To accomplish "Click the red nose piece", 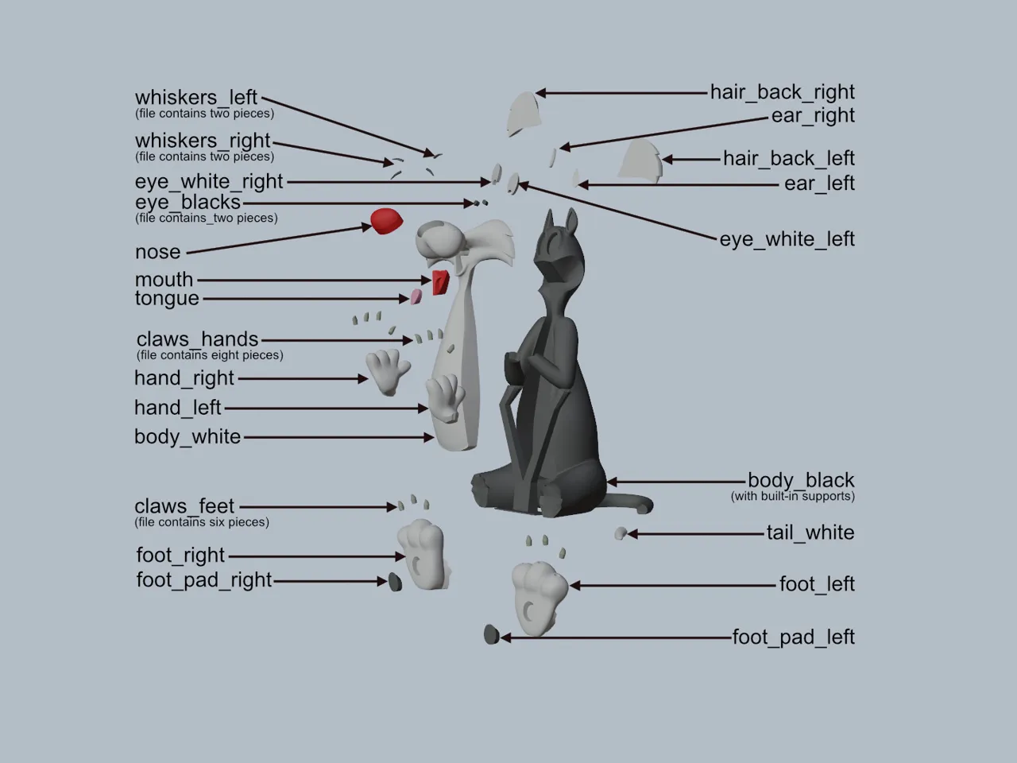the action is pyautogui.click(x=386, y=221).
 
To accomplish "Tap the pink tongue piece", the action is pyautogui.click(x=416, y=296).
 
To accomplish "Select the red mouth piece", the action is pyautogui.click(x=440, y=283).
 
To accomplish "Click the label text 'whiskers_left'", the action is pyautogui.click(x=196, y=98).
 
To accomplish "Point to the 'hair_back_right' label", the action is pyautogui.click(x=782, y=92).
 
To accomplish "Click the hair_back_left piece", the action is pyautogui.click(x=640, y=160).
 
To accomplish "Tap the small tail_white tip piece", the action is pyautogui.click(x=621, y=533).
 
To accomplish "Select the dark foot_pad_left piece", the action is pyautogui.click(x=491, y=634).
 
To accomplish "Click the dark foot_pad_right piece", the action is pyautogui.click(x=395, y=582).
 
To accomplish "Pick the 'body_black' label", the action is pyautogui.click(x=801, y=480).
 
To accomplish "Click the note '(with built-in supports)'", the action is pyautogui.click(x=793, y=496).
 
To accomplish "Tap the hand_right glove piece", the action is pyautogui.click(x=388, y=372).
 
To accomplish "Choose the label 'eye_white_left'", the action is pyautogui.click(x=787, y=239).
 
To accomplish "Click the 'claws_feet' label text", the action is pyautogui.click(x=184, y=506).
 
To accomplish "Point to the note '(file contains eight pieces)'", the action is pyautogui.click(x=210, y=355).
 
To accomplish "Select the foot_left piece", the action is pyautogui.click(x=539, y=598).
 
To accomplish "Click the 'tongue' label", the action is pyautogui.click(x=167, y=298).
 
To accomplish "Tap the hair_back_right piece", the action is pyautogui.click(x=524, y=114).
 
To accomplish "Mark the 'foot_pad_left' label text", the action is pyautogui.click(x=793, y=637).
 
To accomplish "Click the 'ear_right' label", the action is pyautogui.click(x=813, y=116).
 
